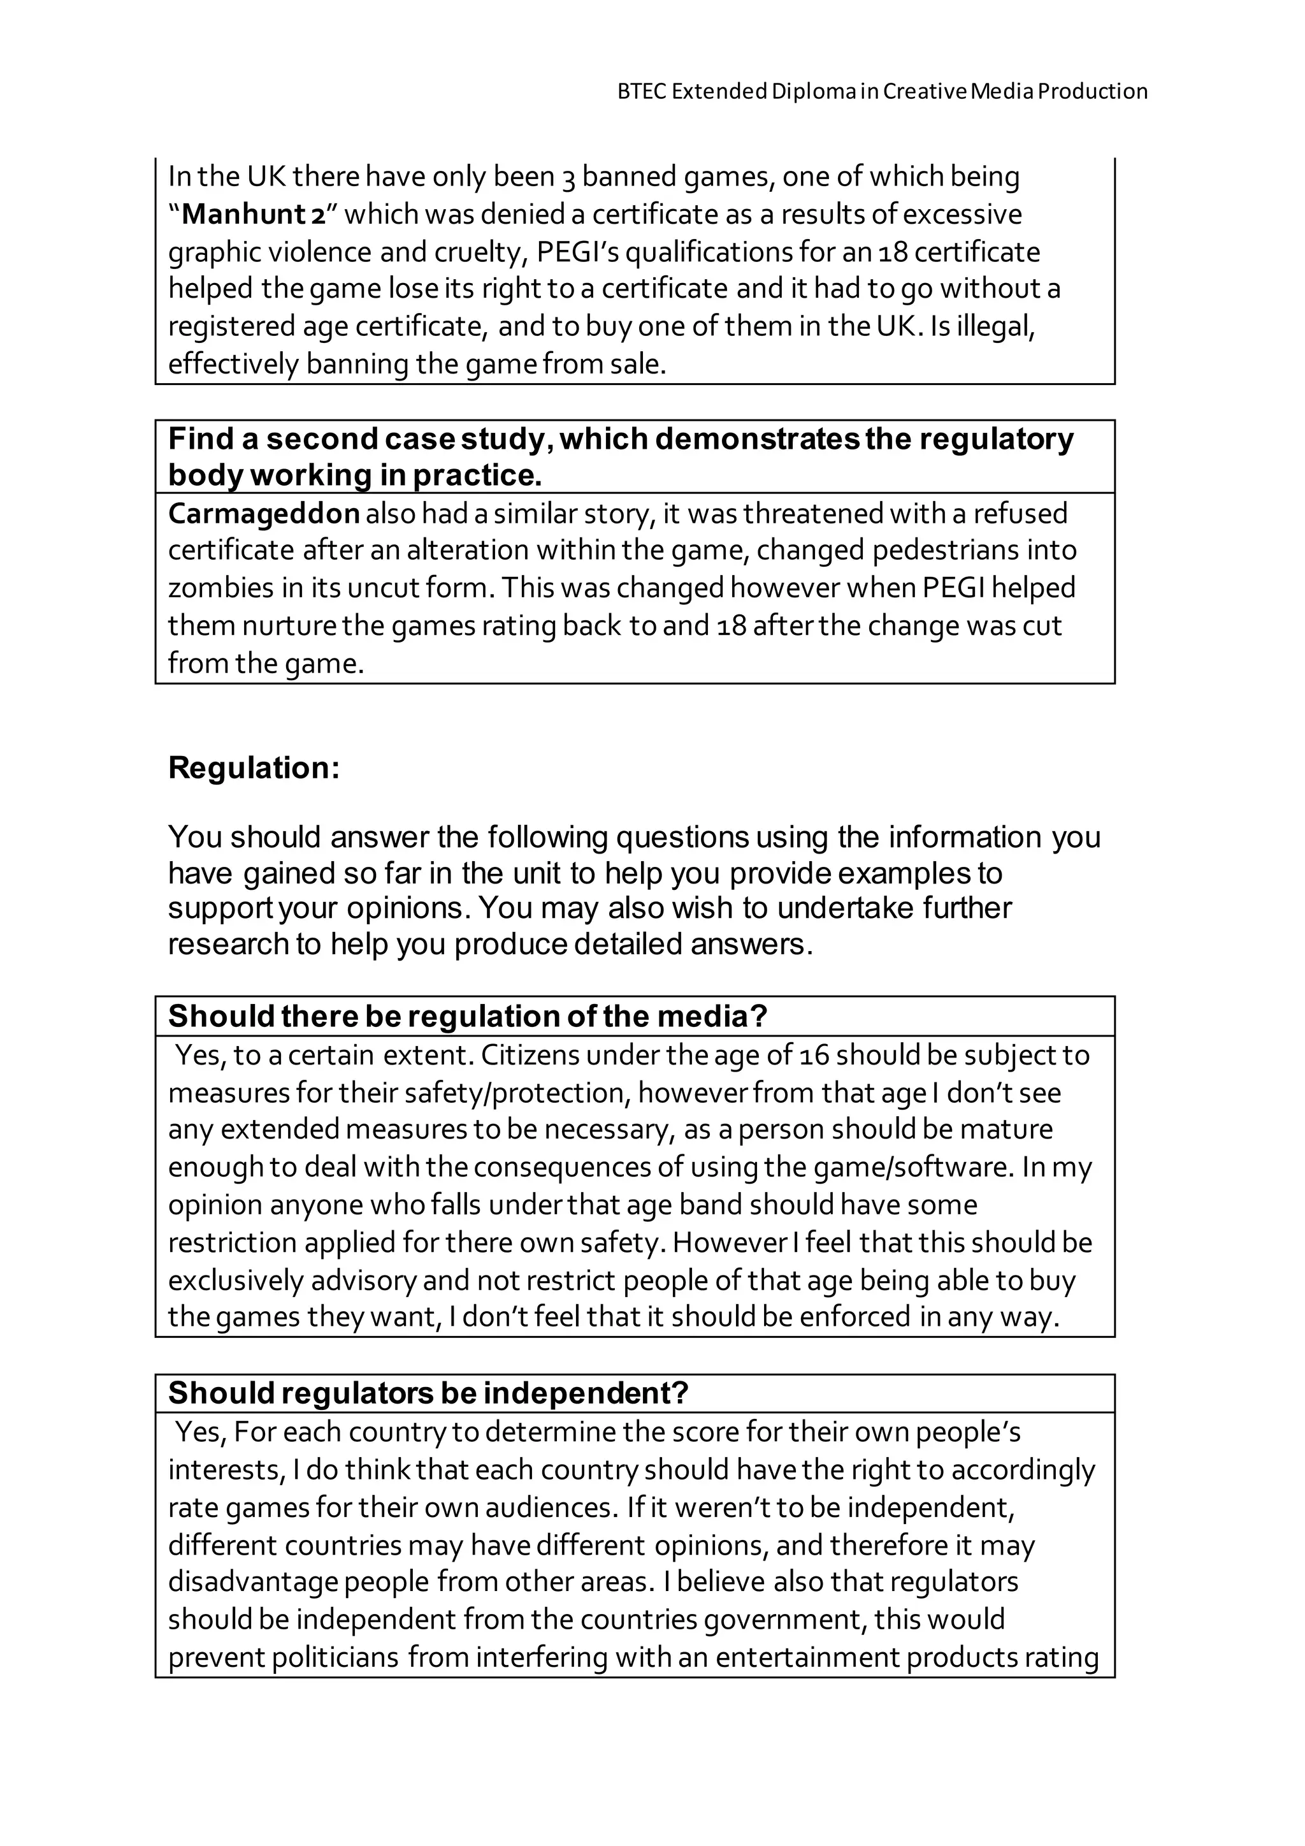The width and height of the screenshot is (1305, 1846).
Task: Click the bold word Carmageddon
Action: coord(263,513)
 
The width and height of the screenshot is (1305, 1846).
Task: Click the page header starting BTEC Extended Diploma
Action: coord(881,92)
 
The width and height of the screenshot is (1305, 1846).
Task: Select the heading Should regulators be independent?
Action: coord(428,1393)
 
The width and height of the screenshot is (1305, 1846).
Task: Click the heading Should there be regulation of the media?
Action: coord(468,1016)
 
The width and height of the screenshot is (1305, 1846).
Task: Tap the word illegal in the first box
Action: coord(993,326)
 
